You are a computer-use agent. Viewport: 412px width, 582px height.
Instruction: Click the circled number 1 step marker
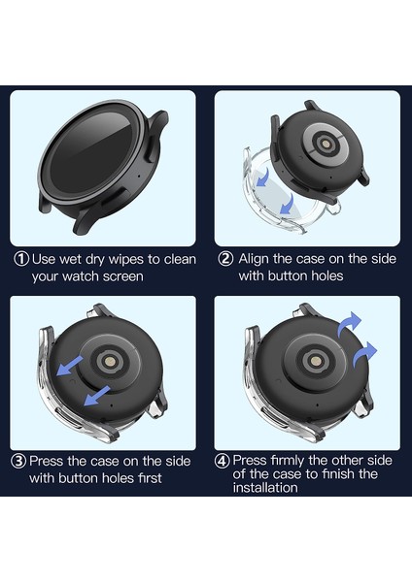(x=21, y=259)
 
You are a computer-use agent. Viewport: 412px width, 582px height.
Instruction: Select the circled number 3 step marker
(x=18, y=461)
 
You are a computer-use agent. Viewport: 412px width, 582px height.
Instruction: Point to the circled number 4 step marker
(x=223, y=461)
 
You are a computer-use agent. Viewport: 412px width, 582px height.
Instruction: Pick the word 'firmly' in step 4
(x=292, y=461)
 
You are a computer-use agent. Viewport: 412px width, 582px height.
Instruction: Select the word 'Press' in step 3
(x=50, y=461)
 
